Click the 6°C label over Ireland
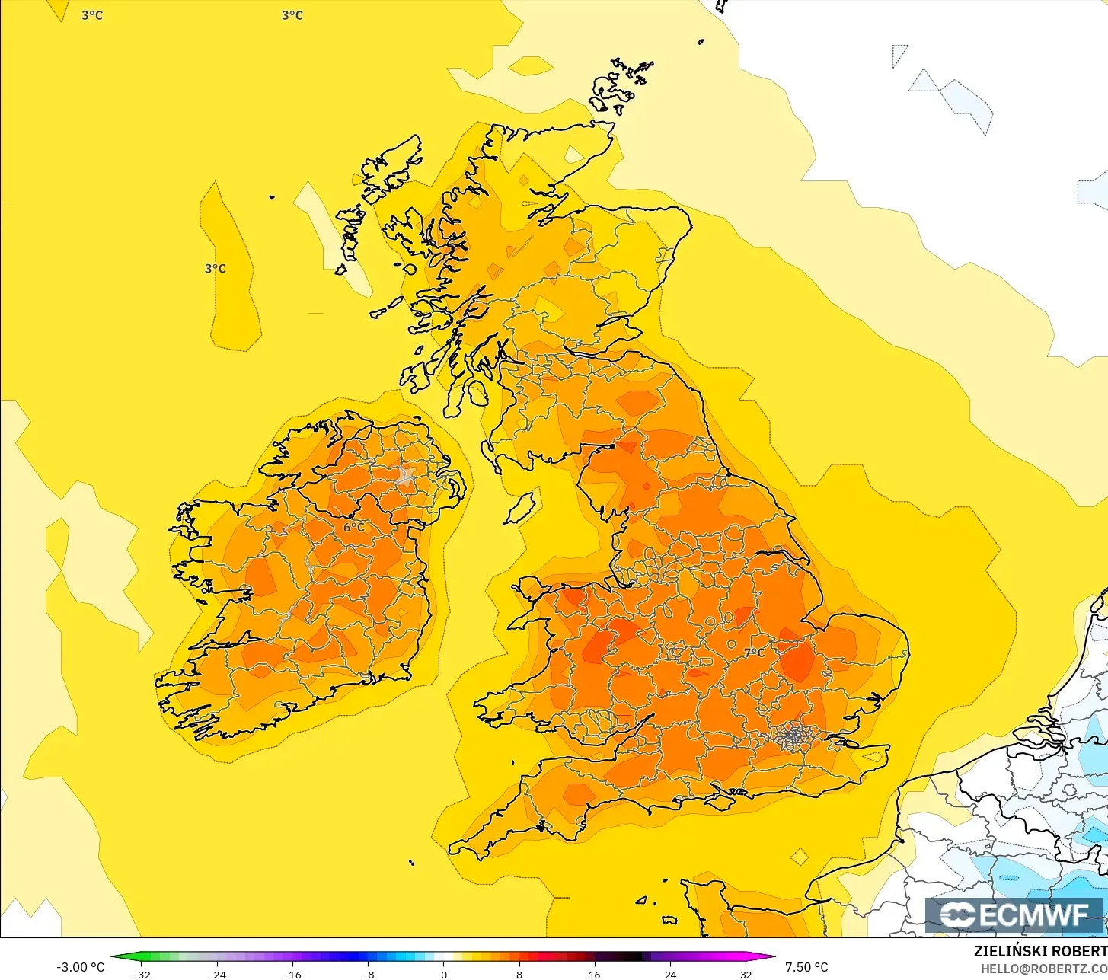click(353, 527)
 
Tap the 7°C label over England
click(754, 653)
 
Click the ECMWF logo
click(1014, 915)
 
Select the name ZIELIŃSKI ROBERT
click(1040, 951)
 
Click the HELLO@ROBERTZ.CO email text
click(1043, 968)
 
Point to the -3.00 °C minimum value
click(80, 967)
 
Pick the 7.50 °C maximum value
click(806, 967)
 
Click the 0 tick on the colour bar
click(444, 974)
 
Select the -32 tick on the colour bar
click(142, 974)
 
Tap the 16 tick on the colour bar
click(595, 974)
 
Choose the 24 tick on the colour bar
click(670, 974)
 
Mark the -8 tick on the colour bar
click(368, 974)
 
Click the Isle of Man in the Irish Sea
click(521, 508)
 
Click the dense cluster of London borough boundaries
click(794, 736)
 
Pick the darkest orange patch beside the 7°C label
click(798, 661)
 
